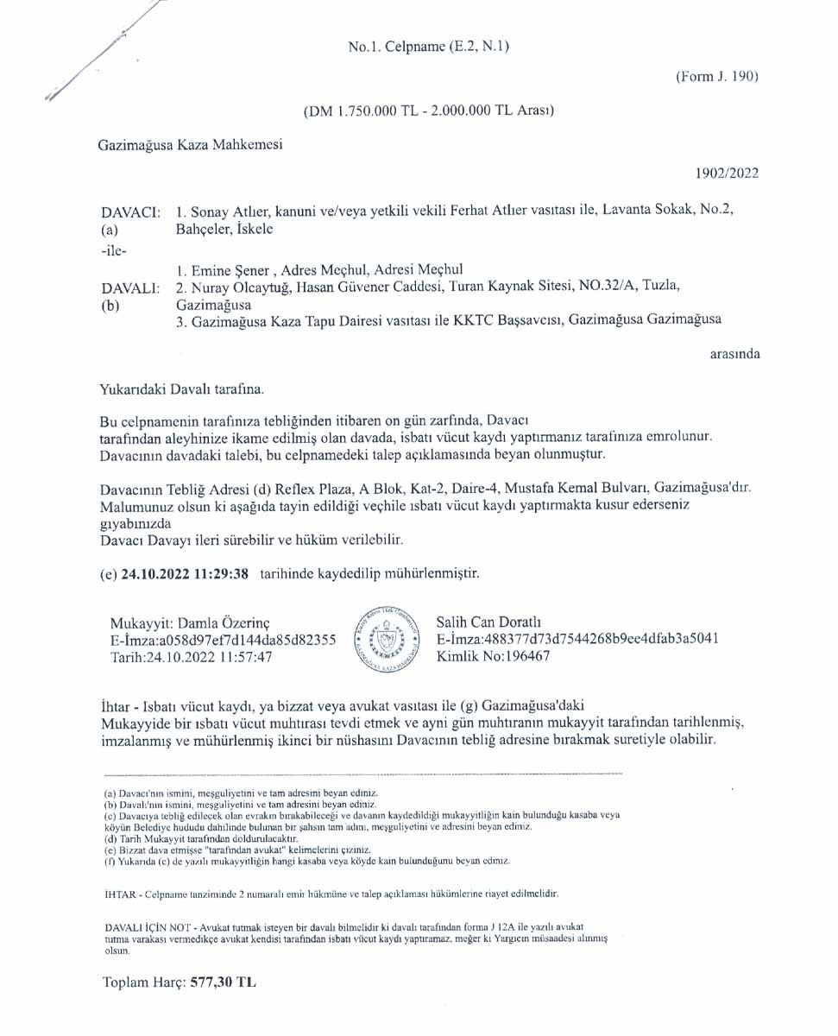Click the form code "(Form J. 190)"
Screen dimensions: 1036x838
click(x=716, y=76)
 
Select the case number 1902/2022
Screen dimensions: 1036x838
click(x=727, y=173)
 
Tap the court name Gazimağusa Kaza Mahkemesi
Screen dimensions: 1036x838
click(x=190, y=145)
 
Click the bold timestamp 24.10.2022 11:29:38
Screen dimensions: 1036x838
click(x=186, y=572)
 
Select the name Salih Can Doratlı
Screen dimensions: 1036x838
click(x=488, y=622)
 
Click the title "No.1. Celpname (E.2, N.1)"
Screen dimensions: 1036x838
click(x=428, y=47)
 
